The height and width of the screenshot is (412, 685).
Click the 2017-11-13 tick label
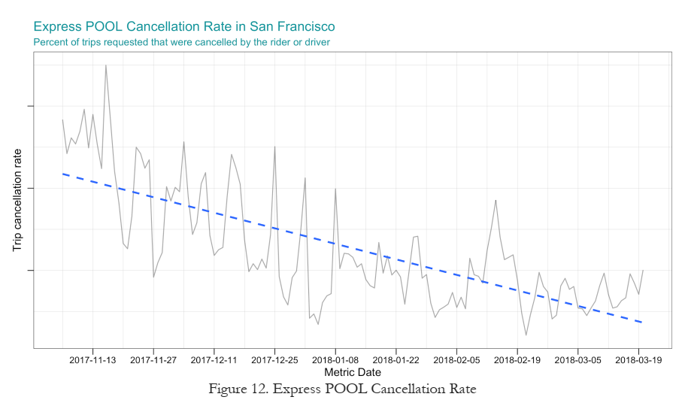point(92,360)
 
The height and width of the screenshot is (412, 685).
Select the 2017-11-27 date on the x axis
point(153,360)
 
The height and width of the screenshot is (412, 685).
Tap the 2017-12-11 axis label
point(214,360)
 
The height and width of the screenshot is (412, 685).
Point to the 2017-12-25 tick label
point(275,360)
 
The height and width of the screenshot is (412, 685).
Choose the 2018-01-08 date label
point(335,360)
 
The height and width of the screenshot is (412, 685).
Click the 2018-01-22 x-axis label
point(396,360)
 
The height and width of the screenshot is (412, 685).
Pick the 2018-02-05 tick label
point(456,360)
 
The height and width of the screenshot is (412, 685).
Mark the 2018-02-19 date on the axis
point(517,360)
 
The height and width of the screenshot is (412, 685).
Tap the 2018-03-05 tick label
point(578,360)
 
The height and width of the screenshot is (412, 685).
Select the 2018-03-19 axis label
point(638,360)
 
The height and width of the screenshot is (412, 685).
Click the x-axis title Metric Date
point(352,372)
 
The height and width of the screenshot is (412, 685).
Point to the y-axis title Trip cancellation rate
point(18,199)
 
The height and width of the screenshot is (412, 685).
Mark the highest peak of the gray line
point(106,65)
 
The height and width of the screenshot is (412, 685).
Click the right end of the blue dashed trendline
point(642,323)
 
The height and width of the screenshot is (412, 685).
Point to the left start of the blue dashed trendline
point(63,174)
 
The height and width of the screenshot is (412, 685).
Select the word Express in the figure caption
point(296,389)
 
